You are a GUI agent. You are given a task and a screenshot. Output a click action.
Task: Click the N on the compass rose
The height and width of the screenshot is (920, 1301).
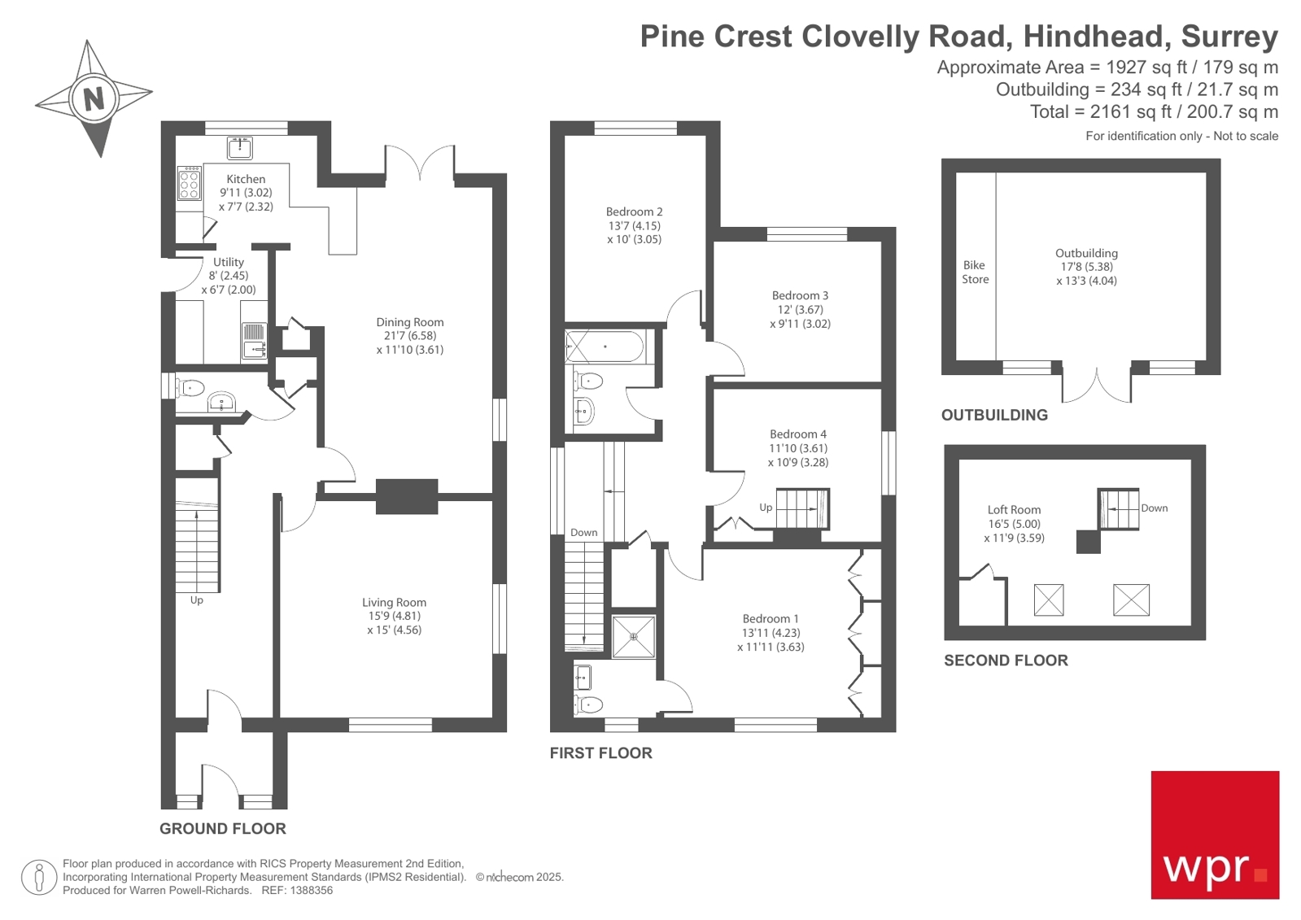[x=94, y=98]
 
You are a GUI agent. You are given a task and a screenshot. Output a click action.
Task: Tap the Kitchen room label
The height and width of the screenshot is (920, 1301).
[x=246, y=179]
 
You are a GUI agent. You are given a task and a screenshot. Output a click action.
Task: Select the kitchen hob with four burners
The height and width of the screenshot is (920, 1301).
[x=190, y=184]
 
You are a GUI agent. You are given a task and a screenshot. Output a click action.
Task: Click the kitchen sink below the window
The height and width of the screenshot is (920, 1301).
[x=239, y=148]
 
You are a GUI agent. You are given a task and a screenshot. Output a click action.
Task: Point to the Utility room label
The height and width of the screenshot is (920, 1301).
[x=229, y=262]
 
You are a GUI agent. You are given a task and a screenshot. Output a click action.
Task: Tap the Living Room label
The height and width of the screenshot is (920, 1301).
[x=394, y=603]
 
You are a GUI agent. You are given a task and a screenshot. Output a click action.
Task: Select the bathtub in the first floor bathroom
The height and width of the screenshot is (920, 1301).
[x=605, y=347]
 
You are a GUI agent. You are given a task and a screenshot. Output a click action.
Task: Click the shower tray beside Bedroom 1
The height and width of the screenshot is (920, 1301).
[x=634, y=637]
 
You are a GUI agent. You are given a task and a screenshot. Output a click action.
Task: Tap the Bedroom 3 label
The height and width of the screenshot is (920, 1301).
[x=800, y=295]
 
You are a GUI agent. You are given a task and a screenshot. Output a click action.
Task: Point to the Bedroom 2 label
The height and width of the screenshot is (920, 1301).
[x=634, y=211]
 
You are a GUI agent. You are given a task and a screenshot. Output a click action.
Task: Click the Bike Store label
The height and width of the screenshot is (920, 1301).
[x=975, y=272]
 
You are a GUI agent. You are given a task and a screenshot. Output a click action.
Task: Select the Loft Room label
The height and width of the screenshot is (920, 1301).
[x=1014, y=510]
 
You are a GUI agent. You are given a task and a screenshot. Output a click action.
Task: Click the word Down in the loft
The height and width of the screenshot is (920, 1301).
[x=1154, y=508]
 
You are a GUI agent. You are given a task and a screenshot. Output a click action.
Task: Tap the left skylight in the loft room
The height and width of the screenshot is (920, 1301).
[x=1048, y=600]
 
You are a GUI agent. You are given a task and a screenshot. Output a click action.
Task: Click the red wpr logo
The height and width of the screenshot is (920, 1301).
[x=1214, y=835]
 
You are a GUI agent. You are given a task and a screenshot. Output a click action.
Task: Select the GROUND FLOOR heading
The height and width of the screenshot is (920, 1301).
[x=222, y=828]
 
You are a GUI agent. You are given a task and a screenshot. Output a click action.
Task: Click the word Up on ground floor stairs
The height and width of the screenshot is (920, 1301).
[x=196, y=600]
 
